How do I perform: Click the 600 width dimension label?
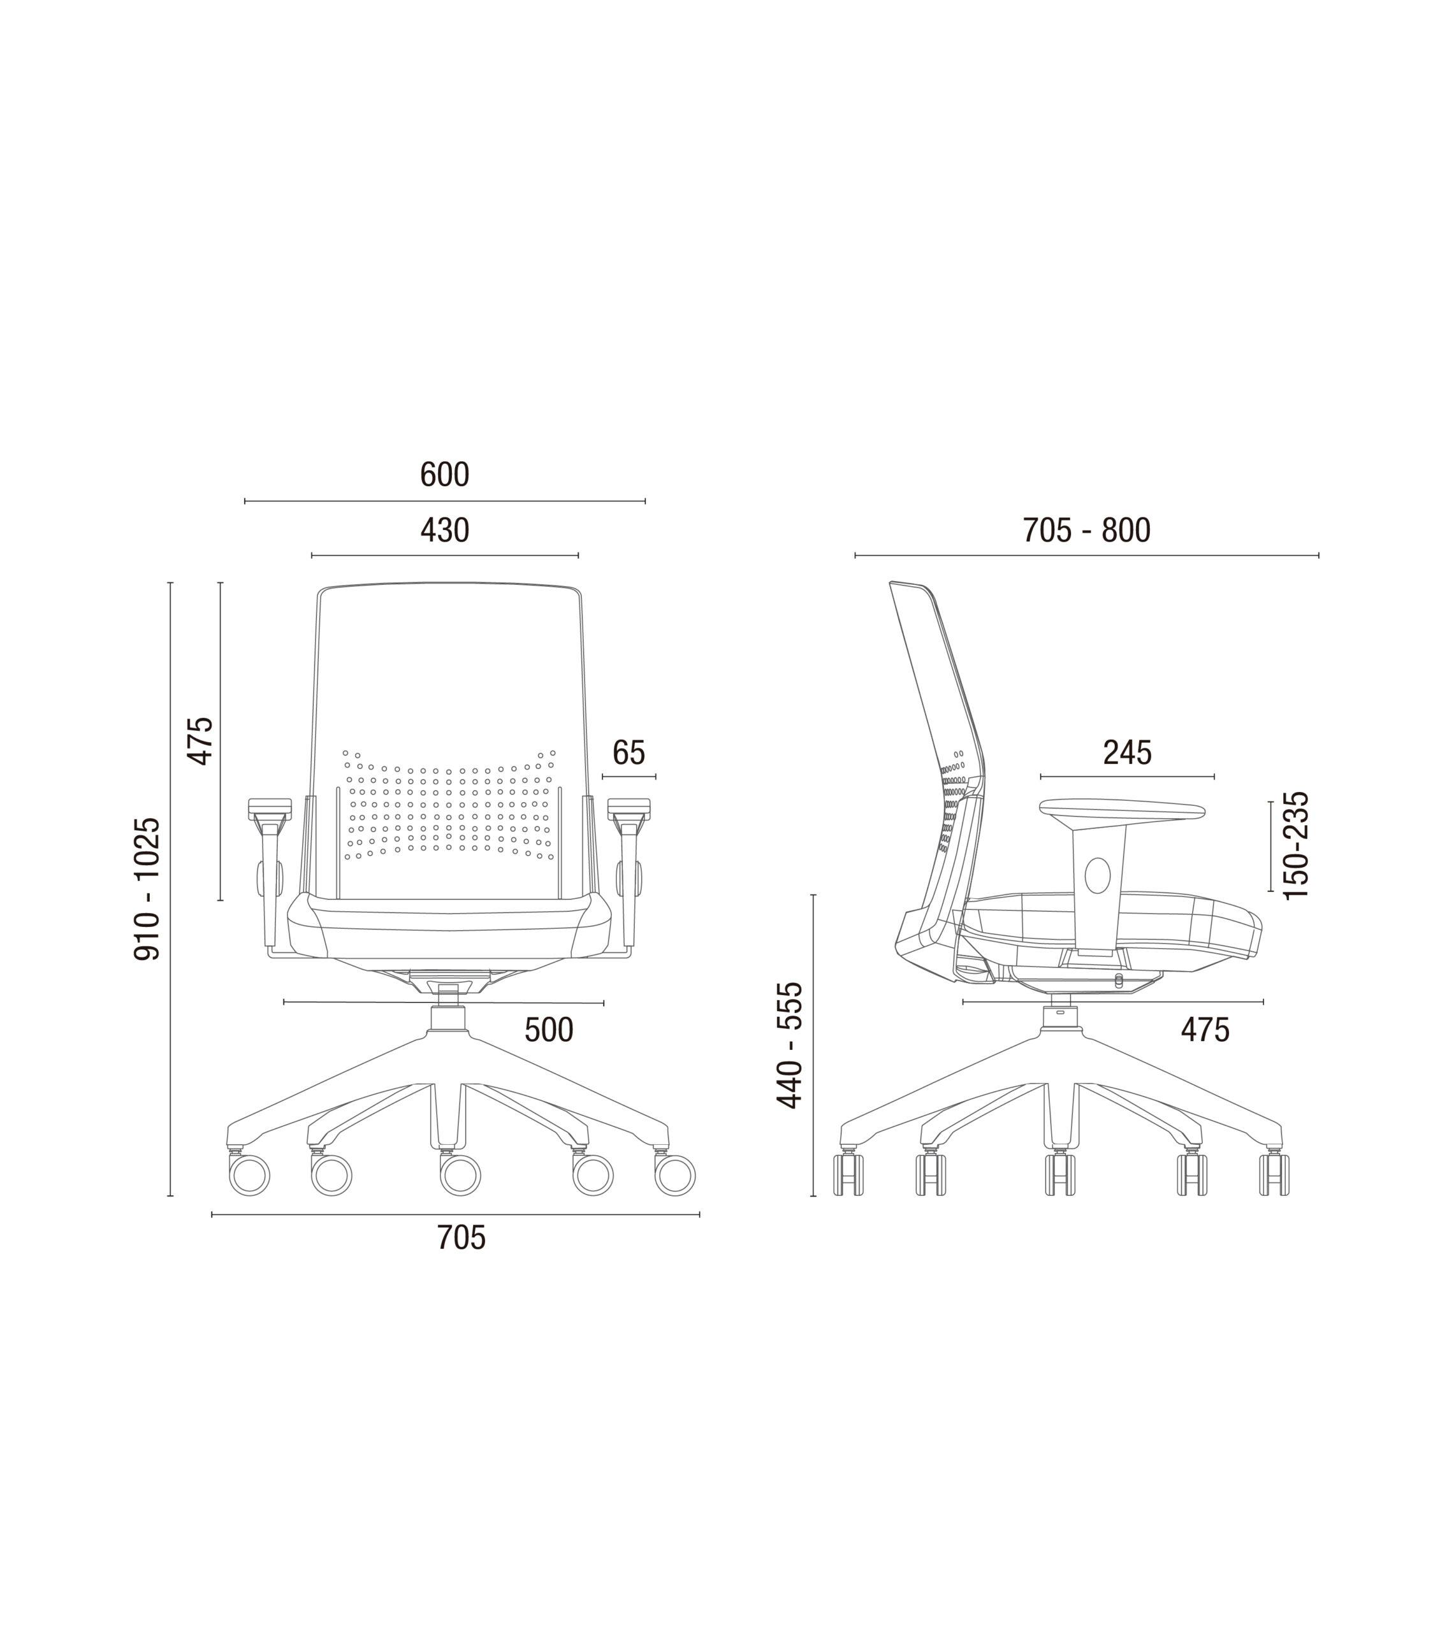point(444,475)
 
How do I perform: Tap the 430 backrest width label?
point(444,531)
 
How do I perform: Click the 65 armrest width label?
point(629,752)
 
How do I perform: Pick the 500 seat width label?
point(549,1030)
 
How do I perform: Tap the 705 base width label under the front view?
point(462,1238)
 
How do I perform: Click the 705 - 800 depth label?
point(1087,531)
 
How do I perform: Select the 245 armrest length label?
point(1127,752)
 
